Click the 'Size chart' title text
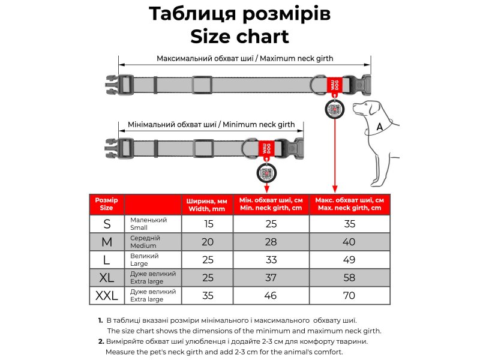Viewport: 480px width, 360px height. point(239,37)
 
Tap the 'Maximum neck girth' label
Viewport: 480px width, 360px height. point(296,58)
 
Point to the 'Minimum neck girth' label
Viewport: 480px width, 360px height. point(259,124)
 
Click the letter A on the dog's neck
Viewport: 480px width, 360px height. point(380,127)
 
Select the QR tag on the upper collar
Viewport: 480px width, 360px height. point(335,109)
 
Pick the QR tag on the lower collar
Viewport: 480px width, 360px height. point(266,173)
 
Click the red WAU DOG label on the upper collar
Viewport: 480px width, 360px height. point(334,85)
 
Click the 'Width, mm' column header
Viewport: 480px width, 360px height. point(207,209)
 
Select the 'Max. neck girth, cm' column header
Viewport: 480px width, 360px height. point(349,208)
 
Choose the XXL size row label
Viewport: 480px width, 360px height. point(107,296)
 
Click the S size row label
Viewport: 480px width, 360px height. point(107,224)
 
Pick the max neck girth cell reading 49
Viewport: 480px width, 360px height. point(349,260)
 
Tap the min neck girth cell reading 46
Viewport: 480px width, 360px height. point(271,296)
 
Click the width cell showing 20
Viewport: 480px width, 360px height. point(208,242)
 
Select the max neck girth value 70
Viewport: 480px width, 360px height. point(349,296)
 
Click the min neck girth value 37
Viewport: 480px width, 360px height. point(271,278)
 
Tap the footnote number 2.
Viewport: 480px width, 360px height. point(101,341)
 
